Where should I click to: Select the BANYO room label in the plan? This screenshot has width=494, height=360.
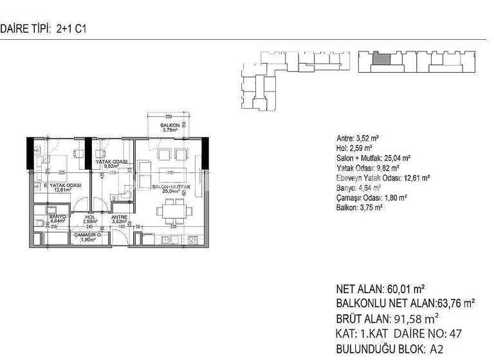click(48, 218)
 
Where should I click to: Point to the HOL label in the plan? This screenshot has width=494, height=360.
click(90, 218)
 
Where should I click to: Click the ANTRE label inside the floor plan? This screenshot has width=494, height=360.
click(120, 218)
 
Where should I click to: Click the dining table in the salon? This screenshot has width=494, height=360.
click(172, 210)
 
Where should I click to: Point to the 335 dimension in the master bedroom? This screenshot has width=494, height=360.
click(61, 173)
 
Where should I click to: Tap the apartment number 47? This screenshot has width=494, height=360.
click(455, 334)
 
